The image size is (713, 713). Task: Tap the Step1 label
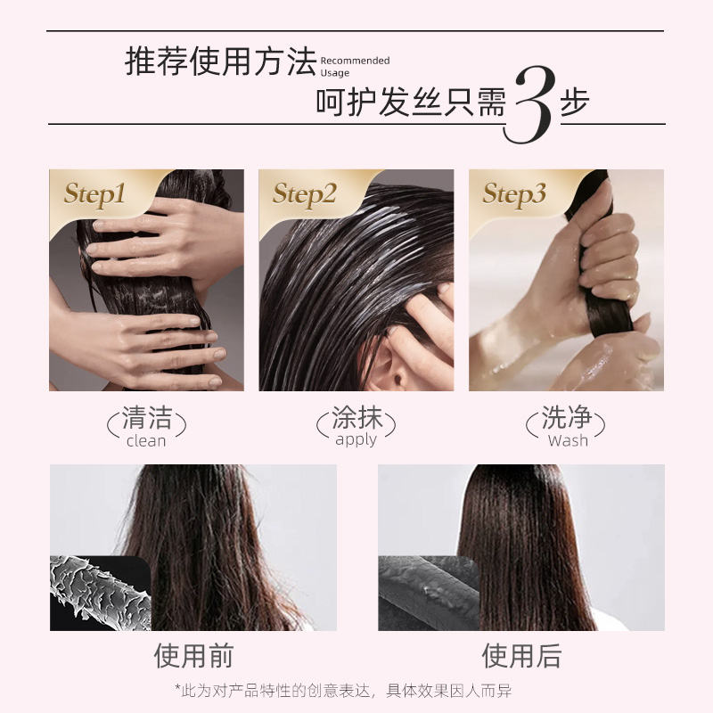(x=94, y=194)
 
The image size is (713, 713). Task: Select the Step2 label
(x=304, y=194)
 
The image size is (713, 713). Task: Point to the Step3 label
(x=514, y=194)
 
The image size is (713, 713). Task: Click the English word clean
(x=146, y=440)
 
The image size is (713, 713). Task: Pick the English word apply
(x=356, y=440)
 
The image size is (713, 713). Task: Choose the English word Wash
(x=568, y=440)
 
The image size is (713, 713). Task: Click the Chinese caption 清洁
(x=147, y=417)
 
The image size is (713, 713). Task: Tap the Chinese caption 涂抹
(x=357, y=417)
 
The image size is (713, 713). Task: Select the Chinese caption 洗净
(x=567, y=417)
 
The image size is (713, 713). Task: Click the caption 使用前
(x=193, y=656)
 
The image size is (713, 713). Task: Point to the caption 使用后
(x=521, y=656)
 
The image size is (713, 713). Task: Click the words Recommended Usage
(x=355, y=66)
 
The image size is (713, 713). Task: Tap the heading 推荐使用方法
(x=220, y=61)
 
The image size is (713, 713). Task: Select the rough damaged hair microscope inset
(x=100, y=593)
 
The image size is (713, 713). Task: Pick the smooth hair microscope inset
(x=429, y=593)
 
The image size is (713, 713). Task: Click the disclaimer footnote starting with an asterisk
(x=343, y=691)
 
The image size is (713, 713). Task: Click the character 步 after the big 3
(x=575, y=101)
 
